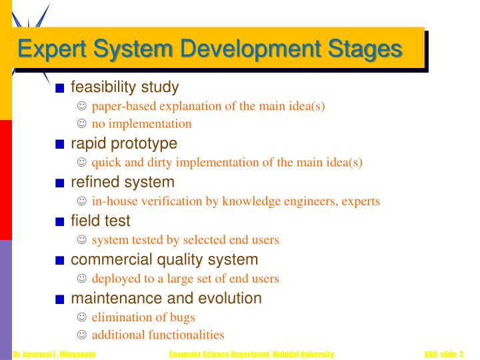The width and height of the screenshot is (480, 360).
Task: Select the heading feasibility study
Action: tap(125, 87)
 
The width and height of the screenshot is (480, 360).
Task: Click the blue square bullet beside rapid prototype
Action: tap(60, 144)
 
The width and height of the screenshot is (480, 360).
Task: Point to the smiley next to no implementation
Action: tap(82, 123)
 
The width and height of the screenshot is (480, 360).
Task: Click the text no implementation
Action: tap(141, 123)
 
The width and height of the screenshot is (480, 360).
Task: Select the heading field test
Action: tap(101, 221)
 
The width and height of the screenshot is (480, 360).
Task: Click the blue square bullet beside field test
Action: tap(60, 221)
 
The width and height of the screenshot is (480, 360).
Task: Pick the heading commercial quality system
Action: tap(164, 259)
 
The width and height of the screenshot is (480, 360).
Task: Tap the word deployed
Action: tap(113, 278)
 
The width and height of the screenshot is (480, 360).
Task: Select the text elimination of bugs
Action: tap(143, 317)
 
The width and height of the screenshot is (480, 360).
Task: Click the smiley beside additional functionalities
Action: tap(82, 335)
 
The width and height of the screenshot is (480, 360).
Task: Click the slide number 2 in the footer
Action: tap(461, 353)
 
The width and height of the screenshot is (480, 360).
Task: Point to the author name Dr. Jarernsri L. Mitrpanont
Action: tap(54, 353)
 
